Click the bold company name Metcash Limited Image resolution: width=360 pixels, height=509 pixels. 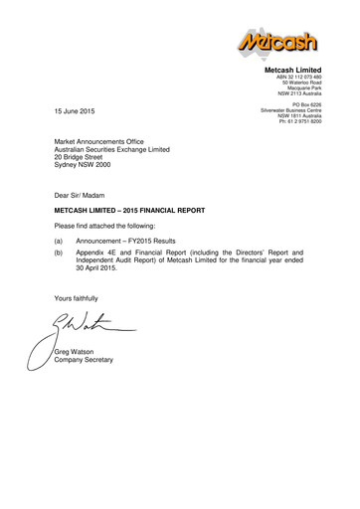click(294, 72)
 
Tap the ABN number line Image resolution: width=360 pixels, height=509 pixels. click(298, 79)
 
